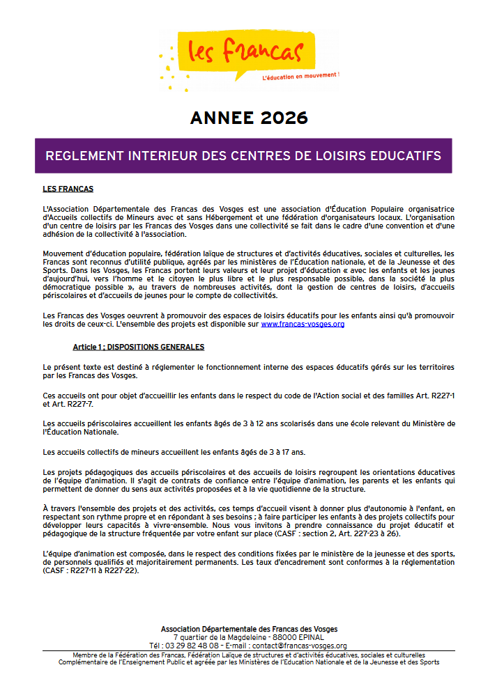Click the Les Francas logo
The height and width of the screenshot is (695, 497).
tap(247, 51)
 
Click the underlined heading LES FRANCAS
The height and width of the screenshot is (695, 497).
tap(68, 189)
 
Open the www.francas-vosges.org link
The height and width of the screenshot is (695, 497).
tap(302, 324)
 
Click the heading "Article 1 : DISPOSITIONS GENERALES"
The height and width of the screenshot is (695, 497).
tap(138, 347)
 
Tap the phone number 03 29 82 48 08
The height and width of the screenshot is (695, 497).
tap(178, 646)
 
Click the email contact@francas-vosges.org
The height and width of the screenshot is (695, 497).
tap(302, 646)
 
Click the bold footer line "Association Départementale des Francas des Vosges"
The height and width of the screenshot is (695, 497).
tap(248, 629)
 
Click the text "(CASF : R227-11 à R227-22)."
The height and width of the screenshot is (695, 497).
tap(91, 570)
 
